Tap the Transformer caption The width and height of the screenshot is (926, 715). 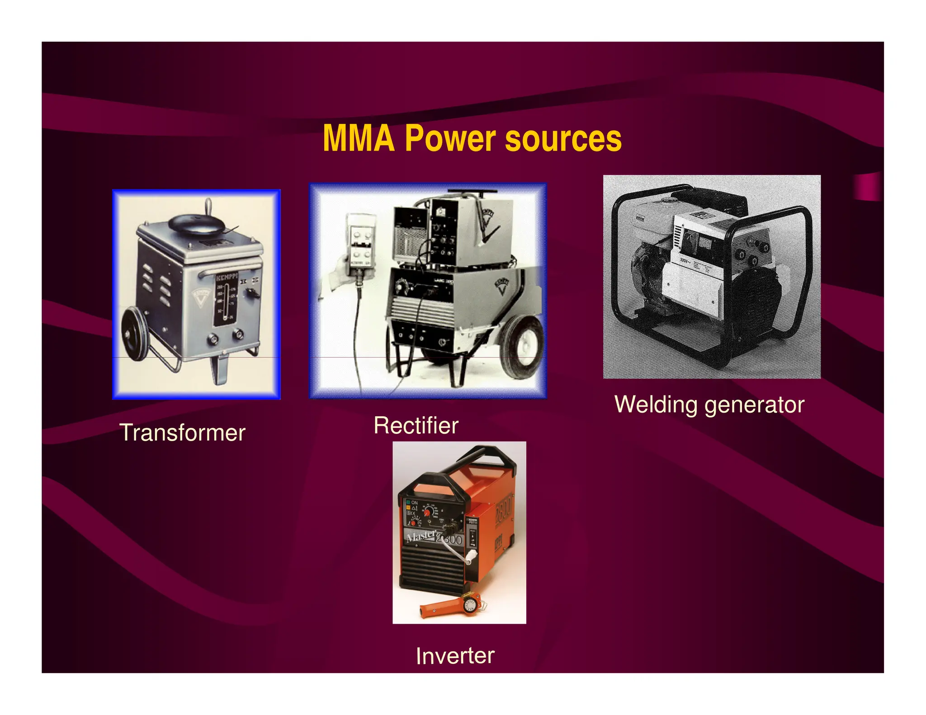click(182, 433)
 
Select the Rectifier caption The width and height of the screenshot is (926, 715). click(416, 426)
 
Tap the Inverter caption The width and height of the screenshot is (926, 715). click(455, 656)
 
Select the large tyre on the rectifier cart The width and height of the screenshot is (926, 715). click(522, 346)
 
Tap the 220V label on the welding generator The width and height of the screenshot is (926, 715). click(685, 260)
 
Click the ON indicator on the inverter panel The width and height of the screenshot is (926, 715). click(412, 502)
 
